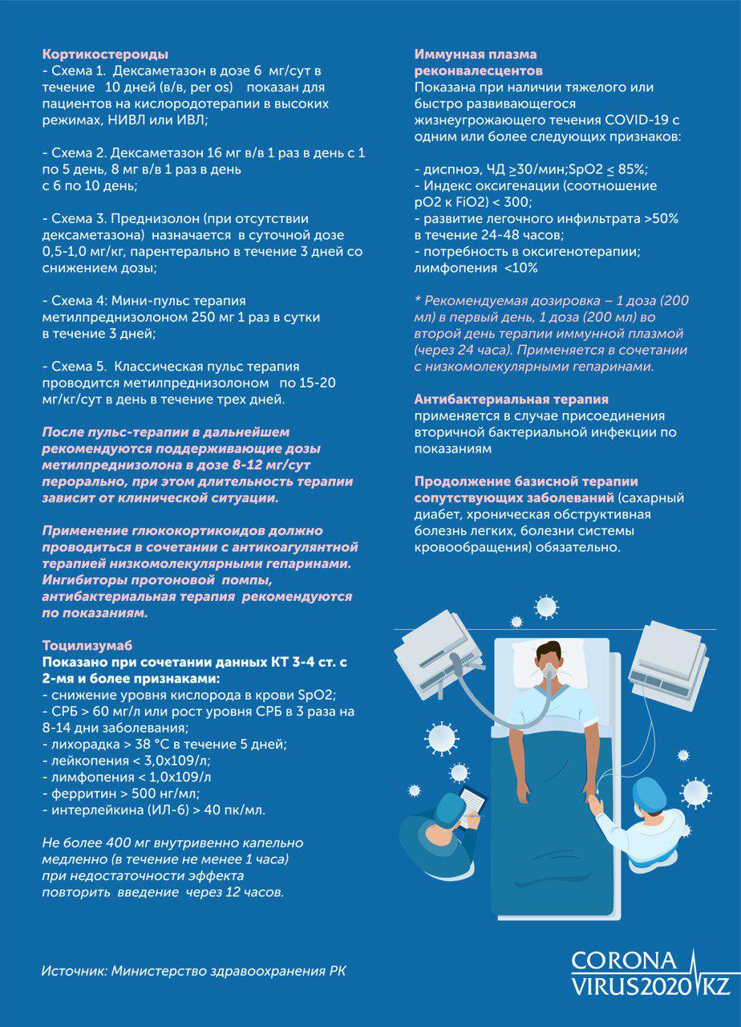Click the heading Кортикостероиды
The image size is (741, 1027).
click(104, 55)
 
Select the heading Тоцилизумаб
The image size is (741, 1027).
click(86, 645)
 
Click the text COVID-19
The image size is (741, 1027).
click(636, 120)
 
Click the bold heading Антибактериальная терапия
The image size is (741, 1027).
click(511, 399)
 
